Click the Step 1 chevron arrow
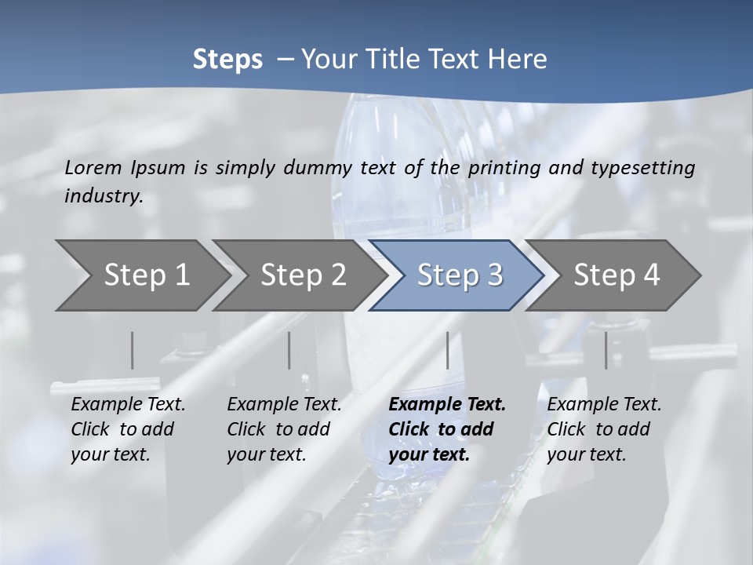pyautogui.click(x=147, y=275)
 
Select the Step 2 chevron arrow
pyautogui.click(x=303, y=275)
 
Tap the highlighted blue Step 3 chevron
pyautogui.click(x=460, y=275)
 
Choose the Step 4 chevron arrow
pyautogui.click(x=617, y=275)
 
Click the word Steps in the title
pyautogui.click(x=227, y=60)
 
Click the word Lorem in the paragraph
pyautogui.click(x=93, y=167)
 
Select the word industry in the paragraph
pyautogui.click(x=103, y=196)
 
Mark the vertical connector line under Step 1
pyautogui.click(x=133, y=350)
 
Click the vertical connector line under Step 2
pyautogui.click(x=289, y=350)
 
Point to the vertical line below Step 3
pyautogui.click(x=447, y=350)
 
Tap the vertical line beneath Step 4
pyautogui.click(x=606, y=350)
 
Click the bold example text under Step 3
pyautogui.click(x=447, y=429)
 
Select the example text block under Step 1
pyautogui.click(x=128, y=429)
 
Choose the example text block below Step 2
pyautogui.click(x=284, y=429)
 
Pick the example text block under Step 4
pyautogui.click(x=604, y=429)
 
